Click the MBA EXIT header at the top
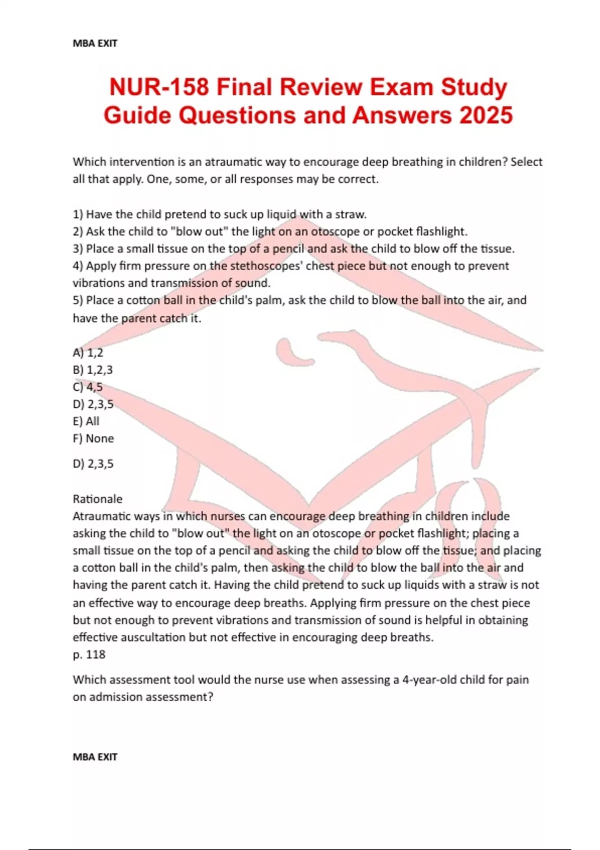click(95, 43)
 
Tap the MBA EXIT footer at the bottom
click(95, 757)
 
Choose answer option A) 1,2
click(88, 352)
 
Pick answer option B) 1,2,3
click(93, 370)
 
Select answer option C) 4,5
click(88, 387)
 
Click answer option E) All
click(86, 421)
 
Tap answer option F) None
click(93, 438)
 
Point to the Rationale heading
click(97, 499)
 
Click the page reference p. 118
click(89, 654)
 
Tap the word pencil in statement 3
click(288, 248)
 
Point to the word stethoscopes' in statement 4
click(265, 266)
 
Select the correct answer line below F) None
click(93, 464)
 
